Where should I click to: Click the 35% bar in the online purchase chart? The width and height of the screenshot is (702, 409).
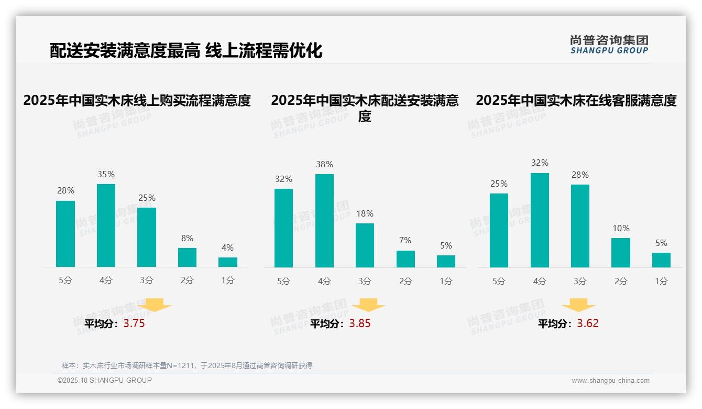pos(106,225)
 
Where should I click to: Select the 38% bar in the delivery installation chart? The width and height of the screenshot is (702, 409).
pos(324,221)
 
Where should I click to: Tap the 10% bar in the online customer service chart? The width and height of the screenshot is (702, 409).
pos(621,253)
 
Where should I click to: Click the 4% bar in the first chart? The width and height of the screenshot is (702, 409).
pos(228,262)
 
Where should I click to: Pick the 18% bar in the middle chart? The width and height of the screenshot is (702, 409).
pos(365,245)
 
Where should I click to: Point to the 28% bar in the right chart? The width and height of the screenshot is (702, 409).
pos(580,226)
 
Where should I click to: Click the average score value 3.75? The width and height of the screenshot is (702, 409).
pos(134,324)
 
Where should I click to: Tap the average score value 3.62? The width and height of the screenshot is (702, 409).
pos(587,324)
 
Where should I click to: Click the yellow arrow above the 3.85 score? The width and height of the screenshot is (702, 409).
pos(368,305)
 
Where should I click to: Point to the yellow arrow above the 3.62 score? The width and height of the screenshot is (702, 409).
pos(578,305)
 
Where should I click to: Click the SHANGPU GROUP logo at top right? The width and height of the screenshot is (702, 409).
pos(609,45)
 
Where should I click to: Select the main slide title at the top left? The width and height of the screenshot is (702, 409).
pos(186,51)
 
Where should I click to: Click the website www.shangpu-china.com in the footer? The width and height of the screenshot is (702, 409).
pos(610,381)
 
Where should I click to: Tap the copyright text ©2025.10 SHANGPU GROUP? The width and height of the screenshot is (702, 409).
pos(105,380)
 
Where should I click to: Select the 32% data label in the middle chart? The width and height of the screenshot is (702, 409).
pos(283,179)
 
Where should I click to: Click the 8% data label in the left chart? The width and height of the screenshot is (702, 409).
pos(187,239)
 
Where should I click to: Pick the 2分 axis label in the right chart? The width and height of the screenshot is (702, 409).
pos(621,281)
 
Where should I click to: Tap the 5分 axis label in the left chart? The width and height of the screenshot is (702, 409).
pos(65,281)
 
